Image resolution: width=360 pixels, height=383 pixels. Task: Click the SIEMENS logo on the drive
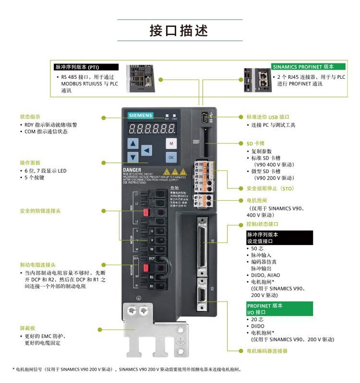pyautogui.click(x=140, y=115)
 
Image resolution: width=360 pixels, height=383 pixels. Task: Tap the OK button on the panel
pyautogui.click(x=171, y=157)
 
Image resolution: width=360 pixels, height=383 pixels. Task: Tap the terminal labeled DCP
pyautogui.click(x=152, y=259)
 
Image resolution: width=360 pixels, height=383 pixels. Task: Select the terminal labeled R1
pyautogui.click(x=152, y=286)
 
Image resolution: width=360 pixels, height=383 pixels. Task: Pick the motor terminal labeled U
pyautogui.click(x=152, y=231)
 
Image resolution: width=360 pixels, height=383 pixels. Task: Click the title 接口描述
pyautogui.click(x=179, y=31)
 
